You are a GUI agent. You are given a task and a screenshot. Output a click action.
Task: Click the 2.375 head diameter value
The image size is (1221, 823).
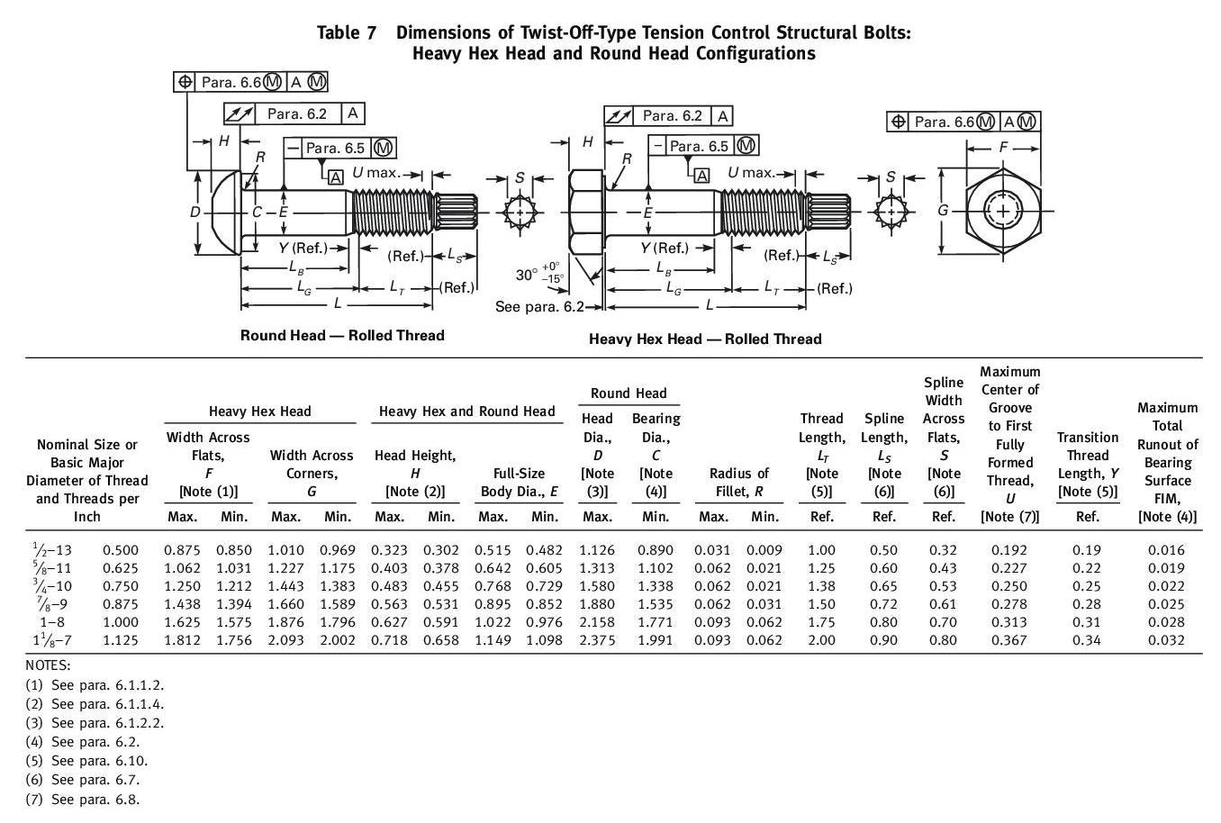tap(597, 640)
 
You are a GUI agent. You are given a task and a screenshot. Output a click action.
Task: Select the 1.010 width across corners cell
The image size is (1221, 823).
tap(285, 549)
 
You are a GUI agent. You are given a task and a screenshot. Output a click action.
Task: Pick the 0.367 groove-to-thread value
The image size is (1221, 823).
tap(1008, 640)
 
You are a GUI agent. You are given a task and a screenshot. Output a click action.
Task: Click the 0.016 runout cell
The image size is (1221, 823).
tap(1166, 549)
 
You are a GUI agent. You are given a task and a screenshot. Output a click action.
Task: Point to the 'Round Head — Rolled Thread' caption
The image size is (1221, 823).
tap(342, 336)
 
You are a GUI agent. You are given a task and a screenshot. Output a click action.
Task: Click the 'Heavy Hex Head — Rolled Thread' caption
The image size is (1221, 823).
tap(705, 339)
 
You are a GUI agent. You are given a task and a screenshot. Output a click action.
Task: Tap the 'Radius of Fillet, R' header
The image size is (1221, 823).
tap(738, 482)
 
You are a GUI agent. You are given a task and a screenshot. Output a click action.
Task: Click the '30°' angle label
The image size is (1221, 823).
tap(526, 275)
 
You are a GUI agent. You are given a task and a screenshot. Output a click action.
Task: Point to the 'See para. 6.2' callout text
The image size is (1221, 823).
tap(535, 308)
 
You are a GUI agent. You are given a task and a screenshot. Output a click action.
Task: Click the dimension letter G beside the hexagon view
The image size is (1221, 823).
tap(943, 211)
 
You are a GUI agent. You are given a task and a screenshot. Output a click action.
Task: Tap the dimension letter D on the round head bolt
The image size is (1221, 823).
tap(194, 213)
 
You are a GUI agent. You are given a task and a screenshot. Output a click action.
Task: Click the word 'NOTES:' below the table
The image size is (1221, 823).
tap(48, 665)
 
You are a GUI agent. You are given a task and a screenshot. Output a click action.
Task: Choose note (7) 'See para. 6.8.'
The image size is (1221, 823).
tap(83, 799)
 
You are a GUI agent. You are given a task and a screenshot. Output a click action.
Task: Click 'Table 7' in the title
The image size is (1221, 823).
tap(347, 32)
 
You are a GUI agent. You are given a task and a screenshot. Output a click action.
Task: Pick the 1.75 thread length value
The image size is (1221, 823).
tap(821, 622)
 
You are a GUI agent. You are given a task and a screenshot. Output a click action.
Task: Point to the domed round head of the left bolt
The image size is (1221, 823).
tap(224, 213)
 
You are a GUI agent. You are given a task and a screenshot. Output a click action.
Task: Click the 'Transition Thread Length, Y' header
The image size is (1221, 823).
tap(1087, 464)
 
